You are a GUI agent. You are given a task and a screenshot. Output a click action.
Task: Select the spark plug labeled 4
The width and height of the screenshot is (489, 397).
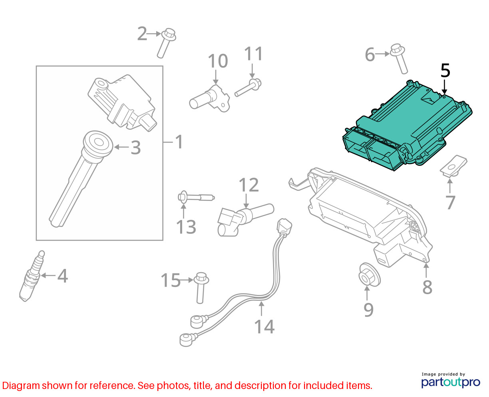tap(32, 276)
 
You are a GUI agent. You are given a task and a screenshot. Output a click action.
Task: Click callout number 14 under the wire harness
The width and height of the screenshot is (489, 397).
tap(264, 327)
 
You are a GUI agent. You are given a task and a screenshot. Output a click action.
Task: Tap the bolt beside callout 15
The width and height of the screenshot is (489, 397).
tap(201, 288)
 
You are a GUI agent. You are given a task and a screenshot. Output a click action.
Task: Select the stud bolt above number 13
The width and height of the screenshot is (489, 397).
tap(196, 197)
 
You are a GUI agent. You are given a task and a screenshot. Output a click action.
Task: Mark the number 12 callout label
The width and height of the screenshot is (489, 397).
tap(249, 185)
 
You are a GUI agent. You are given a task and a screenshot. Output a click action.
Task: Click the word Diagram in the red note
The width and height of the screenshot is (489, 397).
tap(21, 386)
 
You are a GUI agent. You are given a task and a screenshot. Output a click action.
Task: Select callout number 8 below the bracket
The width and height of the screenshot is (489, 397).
tap(427, 287)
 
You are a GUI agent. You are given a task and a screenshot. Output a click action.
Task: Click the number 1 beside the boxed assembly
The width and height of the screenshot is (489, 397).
tap(179, 142)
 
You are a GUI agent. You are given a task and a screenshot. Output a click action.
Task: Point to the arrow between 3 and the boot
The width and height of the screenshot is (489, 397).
tap(122, 147)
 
